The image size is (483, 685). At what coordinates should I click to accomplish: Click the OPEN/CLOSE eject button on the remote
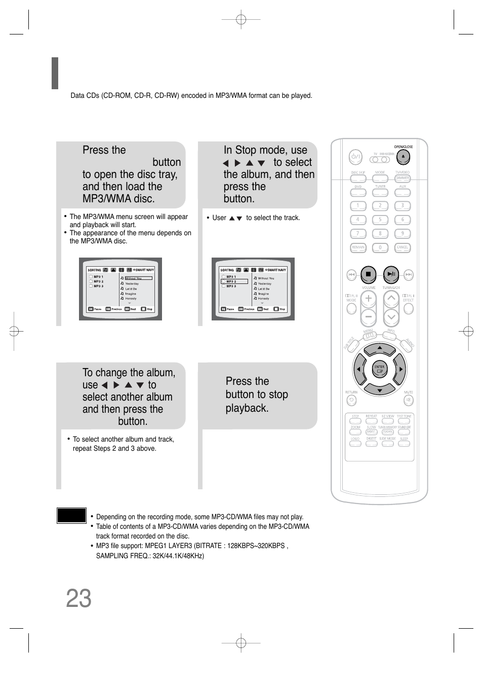403,157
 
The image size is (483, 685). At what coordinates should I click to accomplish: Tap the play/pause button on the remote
391,274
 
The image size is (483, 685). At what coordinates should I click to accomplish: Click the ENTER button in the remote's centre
379,369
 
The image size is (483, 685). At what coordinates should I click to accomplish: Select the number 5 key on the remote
380,220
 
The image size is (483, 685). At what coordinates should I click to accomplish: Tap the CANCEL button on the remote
402,247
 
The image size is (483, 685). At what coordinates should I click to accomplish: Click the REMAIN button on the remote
358,247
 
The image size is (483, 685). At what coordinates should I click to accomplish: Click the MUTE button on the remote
409,401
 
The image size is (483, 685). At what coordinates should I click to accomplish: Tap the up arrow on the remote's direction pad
380,348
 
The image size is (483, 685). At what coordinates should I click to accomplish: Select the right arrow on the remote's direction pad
400,369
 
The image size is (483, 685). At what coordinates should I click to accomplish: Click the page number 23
79,599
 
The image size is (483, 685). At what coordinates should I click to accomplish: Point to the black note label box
71,515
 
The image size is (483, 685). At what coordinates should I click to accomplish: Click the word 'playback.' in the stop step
247,408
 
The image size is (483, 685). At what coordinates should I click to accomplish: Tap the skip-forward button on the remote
409,275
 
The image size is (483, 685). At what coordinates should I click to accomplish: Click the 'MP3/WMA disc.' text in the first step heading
118,199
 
